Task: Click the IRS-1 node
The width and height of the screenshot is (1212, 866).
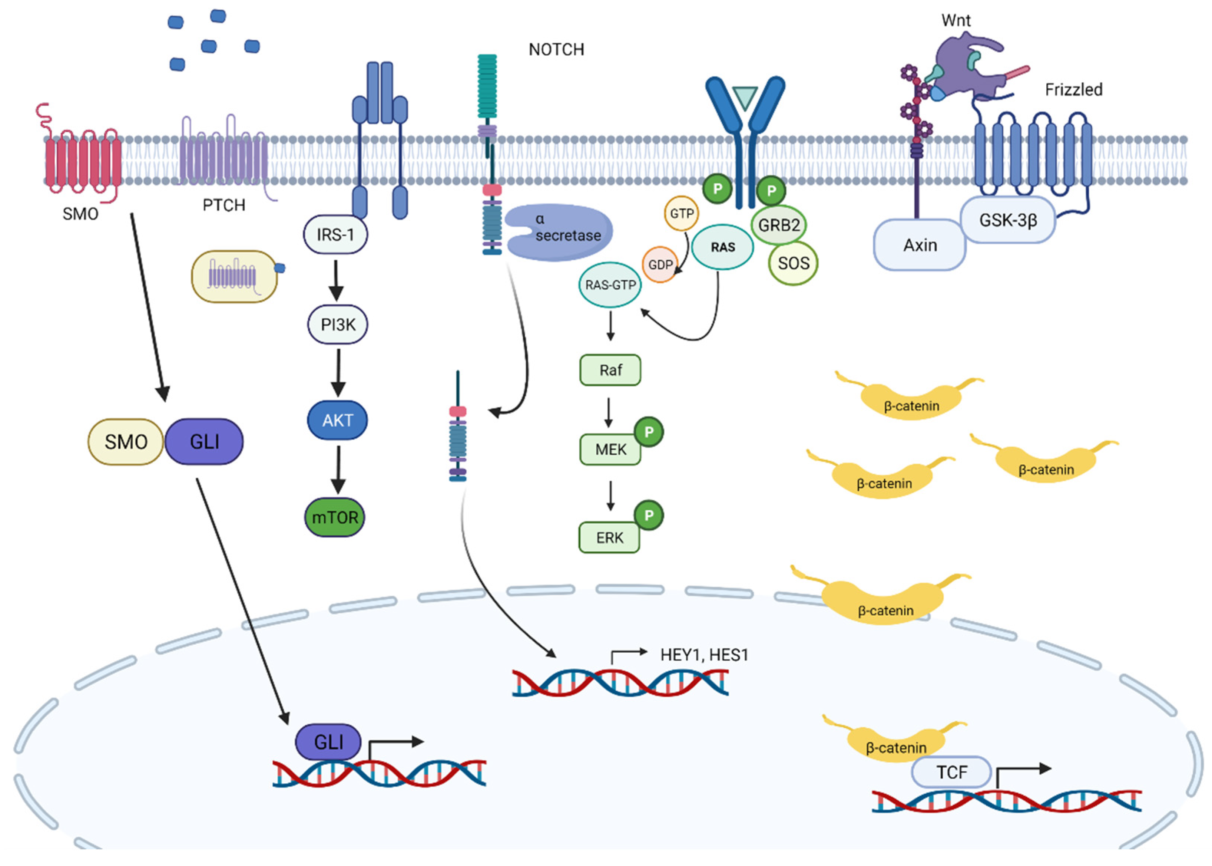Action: [x=335, y=235]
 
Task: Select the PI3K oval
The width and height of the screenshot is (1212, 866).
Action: [x=337, y=324]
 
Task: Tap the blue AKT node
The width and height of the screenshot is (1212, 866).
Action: [x=337, y=420]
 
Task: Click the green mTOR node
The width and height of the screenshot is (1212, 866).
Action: [x=335, y=517]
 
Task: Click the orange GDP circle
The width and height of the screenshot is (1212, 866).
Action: [x=660, y=264]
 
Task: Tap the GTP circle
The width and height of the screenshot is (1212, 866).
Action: [x=682, y=213]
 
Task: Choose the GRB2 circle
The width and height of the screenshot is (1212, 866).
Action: [x=779, y=225]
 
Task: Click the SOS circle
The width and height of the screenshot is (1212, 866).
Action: [x=793, y=263]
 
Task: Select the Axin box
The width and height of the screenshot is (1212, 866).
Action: [x=920, y=245]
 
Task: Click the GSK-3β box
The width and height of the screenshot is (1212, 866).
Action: [x=1007, y=220]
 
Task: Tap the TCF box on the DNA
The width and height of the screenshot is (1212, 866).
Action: [x=951, y=772]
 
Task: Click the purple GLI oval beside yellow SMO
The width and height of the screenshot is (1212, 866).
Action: [x=204, y=442]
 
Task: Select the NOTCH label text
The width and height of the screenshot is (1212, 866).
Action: [x=556, y=50]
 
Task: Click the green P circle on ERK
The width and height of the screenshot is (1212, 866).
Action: [x=649, y=515]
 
